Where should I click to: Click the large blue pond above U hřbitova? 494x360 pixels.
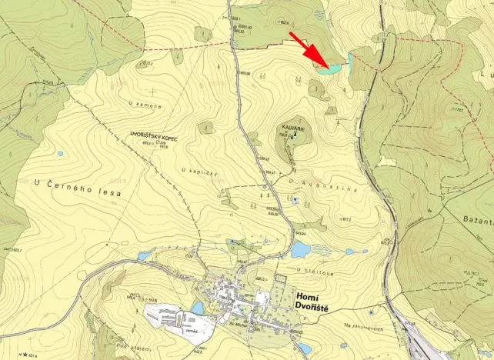coord(300,249)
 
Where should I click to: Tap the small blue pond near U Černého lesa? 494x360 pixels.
coord(60,153)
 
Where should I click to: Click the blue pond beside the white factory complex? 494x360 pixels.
coord(198,308)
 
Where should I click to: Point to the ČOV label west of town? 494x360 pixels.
coord(189,256)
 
